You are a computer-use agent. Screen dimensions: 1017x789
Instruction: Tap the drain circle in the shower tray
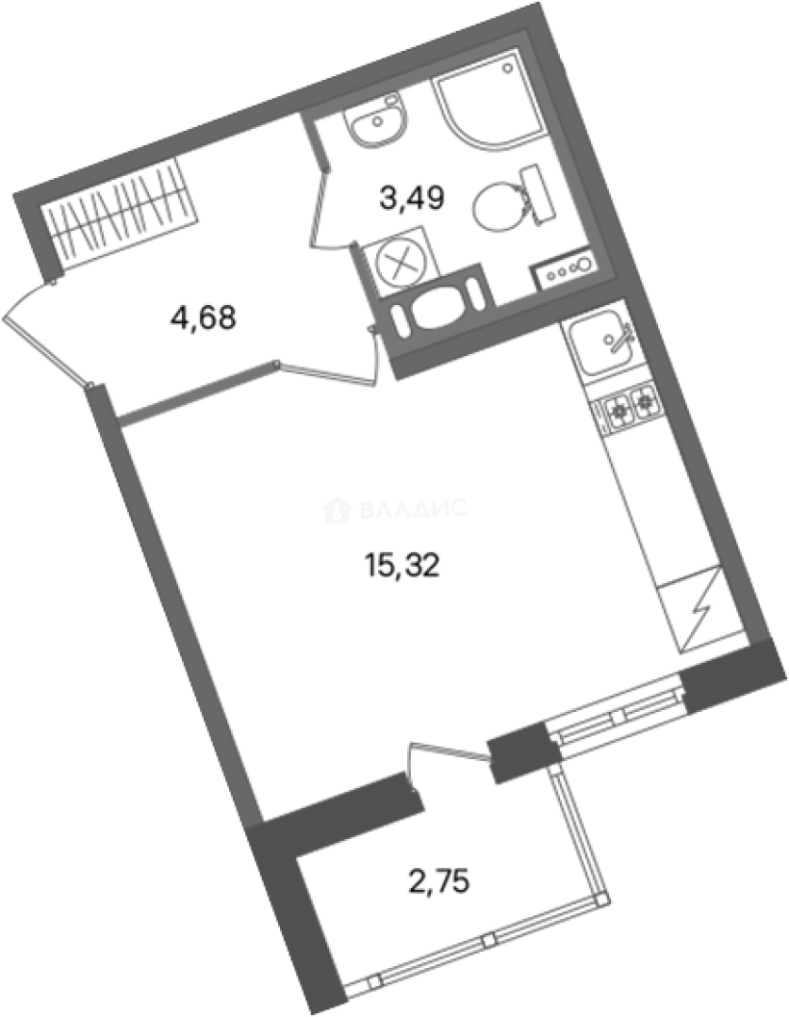(510, 68)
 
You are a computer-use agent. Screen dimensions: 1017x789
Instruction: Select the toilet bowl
(496, 203)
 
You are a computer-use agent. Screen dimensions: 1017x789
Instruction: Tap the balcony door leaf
(449, 754)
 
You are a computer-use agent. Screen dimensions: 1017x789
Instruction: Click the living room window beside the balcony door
(617, 716)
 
